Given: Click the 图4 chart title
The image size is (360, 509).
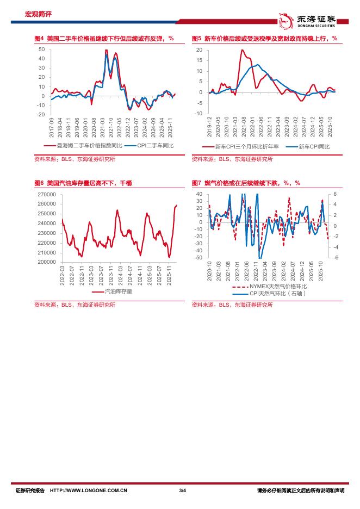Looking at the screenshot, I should pos(103,39).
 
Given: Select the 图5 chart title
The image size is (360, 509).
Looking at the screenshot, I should pos(264,39).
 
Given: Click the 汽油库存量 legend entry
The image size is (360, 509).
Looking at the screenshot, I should pos(118,291).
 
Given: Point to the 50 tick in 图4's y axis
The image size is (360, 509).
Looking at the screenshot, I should pos(41,49).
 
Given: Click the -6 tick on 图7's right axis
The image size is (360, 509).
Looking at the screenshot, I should pos(335,258).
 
